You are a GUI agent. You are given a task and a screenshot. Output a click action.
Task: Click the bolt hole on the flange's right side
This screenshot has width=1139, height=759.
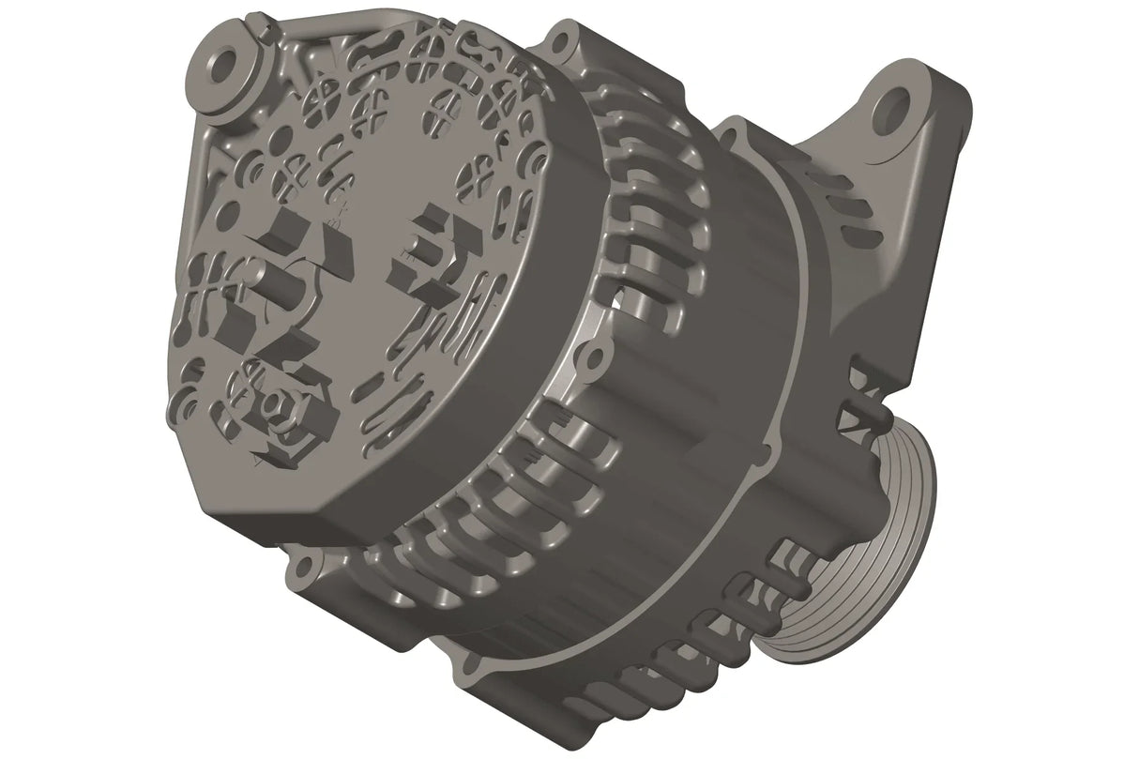pos(589,357)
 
